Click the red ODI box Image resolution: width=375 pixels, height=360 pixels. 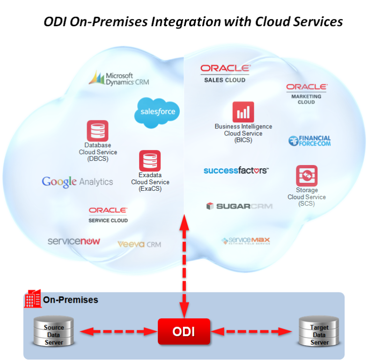pyautogui.click(x=184, y=332)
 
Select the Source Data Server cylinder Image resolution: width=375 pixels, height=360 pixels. pyautogui.click(x=54, y=332)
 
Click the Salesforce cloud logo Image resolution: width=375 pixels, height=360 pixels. pyautogui.click(x=157, y=112)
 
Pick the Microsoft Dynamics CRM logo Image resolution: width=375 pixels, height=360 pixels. pyautogui.click(x=119, y=78)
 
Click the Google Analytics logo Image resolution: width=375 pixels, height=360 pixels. pyautogui.click(x=77, y=182)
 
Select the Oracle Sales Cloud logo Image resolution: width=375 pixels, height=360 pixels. pyautogui.click(x=225, y=73)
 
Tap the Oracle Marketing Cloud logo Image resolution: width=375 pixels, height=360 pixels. pyautogui.click(x=306, y=93)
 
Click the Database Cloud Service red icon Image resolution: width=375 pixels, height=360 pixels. pyautogui.click(x=97, y=131)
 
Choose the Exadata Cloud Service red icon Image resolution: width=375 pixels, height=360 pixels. pyautogui.click(x=150, y=161)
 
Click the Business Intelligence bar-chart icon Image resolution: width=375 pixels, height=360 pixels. pyautogui.click(x=243, y=112)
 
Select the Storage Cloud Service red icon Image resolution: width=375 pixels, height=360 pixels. pyautogui.click(x=306, y=176)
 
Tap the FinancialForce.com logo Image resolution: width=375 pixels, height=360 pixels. pyautogui.click(x=309, y=141)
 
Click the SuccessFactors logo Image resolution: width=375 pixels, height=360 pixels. pyautogui.click(x=236, y=170)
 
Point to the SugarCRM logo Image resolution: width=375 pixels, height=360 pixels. pyautogui.click(x=239, y=206)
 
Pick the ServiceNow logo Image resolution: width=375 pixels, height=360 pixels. pyautogui.click(x=74, y=241)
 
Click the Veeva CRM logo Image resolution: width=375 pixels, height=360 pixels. pyautogui.click(x=139, y=244)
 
